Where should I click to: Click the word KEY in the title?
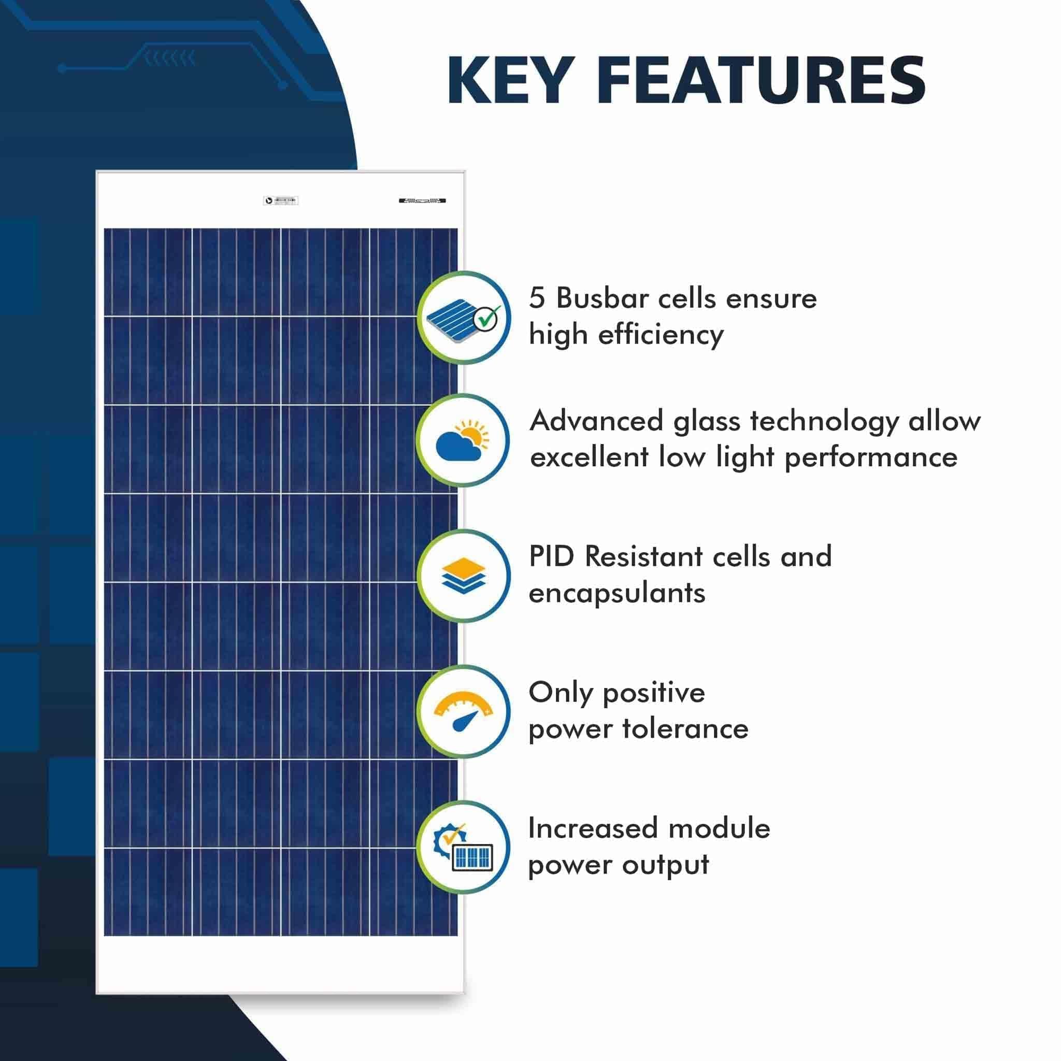coord(508,81)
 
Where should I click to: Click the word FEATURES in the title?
coord(765,81)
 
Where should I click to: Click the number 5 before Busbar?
coord(537,299)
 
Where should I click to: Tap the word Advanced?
coord(596,421)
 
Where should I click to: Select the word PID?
coord(551,556)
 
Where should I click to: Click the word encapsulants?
coord(616,594)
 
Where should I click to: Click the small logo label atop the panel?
coord(281,201)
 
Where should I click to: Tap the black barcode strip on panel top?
coord(422,200)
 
